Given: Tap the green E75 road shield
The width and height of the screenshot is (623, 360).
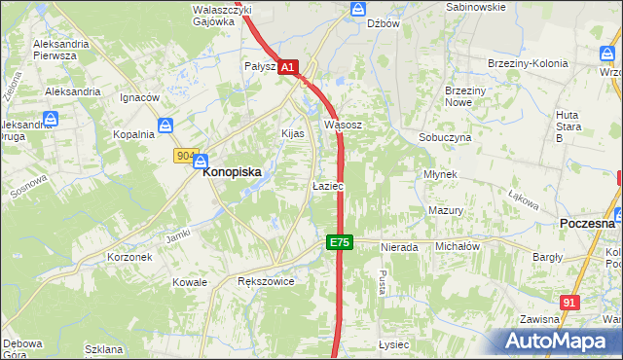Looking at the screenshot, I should pyautogui.click(x=338, y=242).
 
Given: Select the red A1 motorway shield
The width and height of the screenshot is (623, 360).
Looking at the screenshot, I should pyautogui.click(x=287, y=67).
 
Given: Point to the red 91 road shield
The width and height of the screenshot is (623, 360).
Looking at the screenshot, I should pyautogui.click(x=570, y=303).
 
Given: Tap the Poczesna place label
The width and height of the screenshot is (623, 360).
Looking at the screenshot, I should pyautogui.click(x=587, y=223).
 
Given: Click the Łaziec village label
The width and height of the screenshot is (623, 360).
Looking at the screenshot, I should pyautogui.click(x=327, y=185).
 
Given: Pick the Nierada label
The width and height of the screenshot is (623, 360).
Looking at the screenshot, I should pyautogui.click(x=399, y=247).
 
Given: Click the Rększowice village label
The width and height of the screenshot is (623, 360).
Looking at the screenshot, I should pyautogui.click(x=266, y=281).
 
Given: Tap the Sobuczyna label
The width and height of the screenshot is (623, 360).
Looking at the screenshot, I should pyautogui.click(x=445, y=138).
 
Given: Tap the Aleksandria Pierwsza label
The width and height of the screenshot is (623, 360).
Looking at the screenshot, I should pyautogui.click(x=68, y=50).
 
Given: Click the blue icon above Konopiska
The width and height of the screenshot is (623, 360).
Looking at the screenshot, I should pyautogui.click(x=201, y=161).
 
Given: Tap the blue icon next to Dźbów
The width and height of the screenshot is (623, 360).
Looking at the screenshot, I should pyautogui.click(x=357, y=10).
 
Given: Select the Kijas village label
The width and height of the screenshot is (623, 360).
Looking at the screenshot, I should pyautogui.click(x=293, y=133).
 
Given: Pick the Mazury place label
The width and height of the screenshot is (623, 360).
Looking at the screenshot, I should pyautogui.click(x=445, y=210).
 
